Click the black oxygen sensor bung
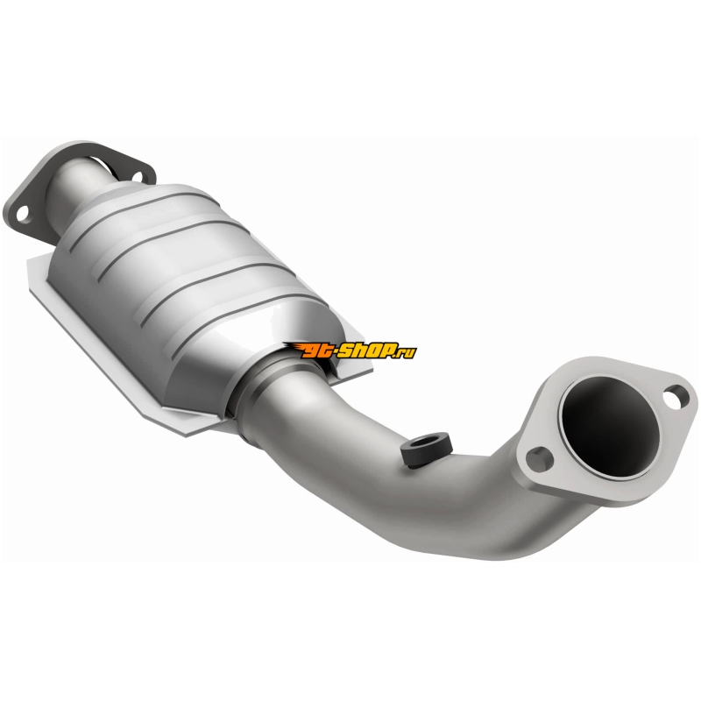point(427,449)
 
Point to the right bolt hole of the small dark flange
point(138,177)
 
